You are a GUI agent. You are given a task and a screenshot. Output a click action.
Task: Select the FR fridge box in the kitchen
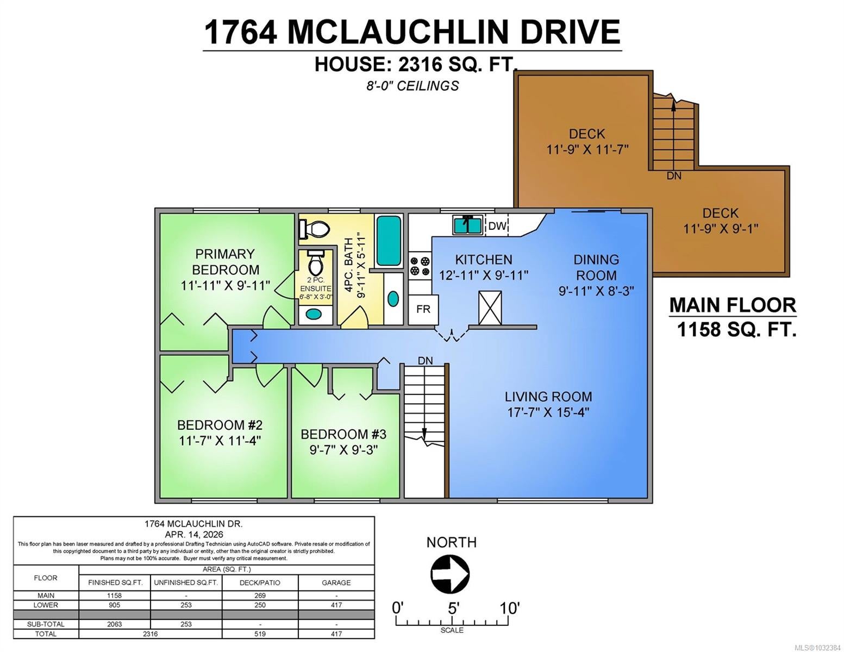tap(423, 310)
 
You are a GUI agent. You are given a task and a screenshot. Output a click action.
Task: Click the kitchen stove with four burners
tap(420, 266)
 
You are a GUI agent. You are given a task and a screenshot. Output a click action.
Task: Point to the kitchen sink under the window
tap(467, 225)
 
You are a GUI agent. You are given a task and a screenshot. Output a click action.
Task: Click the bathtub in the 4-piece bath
tap(389, 241)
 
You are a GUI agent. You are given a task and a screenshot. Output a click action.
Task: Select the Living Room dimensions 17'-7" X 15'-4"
tap(548, 412)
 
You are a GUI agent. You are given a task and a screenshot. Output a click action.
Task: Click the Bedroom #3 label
tap(343, 434)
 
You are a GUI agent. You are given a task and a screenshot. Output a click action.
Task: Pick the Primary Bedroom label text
tap(226, 262)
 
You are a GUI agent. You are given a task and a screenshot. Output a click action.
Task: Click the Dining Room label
tap(596, 267)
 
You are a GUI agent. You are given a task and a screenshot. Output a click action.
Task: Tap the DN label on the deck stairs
tap(674, 176)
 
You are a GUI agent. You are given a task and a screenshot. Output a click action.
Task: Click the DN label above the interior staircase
tap(425, 361)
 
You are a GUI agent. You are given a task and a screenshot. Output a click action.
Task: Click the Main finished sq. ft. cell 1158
tap(115, 595)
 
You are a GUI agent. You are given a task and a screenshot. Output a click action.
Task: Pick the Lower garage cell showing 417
tap(336, 605)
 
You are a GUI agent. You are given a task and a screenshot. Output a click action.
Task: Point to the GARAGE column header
tap(336, 582)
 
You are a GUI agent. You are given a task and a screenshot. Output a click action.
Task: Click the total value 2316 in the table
tap(150, 634)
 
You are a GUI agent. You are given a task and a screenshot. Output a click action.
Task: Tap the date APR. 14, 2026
tap(194, 534)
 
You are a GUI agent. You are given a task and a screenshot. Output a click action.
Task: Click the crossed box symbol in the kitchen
tap(490, 308)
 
